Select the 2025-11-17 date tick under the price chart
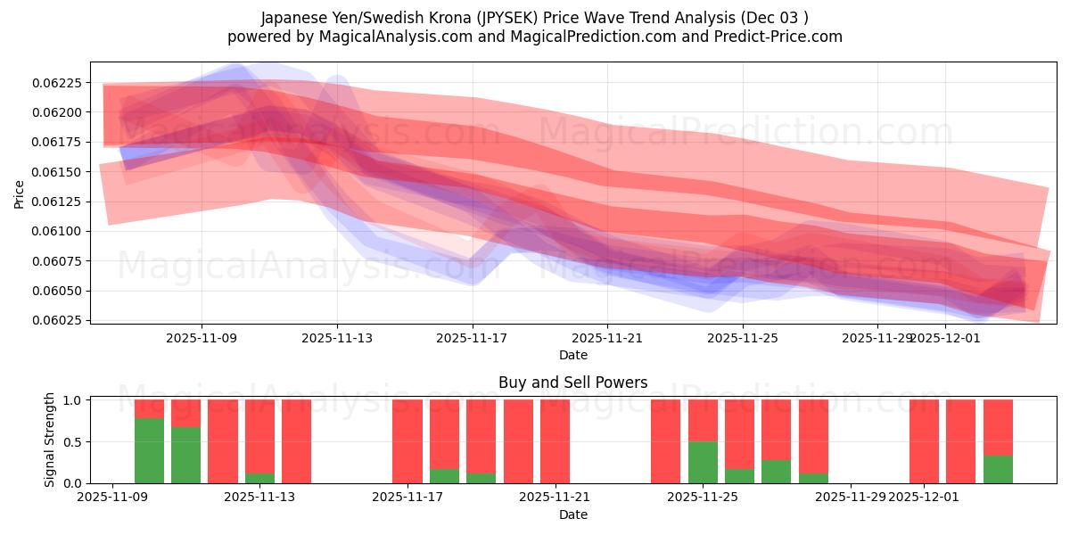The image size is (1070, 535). point(472,338)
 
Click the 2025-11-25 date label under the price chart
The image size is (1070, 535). point(743,338)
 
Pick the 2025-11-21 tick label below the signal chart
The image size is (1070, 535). point(555,498)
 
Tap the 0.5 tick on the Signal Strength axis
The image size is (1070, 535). point(74,442)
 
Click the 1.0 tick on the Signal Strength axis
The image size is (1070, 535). point(74,400)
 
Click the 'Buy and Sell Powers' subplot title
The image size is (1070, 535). point(572,383)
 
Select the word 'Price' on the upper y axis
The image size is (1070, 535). point(20,193)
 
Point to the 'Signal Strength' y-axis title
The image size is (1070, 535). point(50,440)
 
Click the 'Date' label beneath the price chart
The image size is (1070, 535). point(572,355)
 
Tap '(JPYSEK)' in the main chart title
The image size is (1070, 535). point(507,18)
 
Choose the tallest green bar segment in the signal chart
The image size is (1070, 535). point(149,451)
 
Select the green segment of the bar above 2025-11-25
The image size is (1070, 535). point(703,462)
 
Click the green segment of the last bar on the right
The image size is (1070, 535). point(998,469)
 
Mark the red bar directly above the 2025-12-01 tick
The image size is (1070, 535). point(924,441)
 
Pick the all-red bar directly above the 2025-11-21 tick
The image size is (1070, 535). point(555,441)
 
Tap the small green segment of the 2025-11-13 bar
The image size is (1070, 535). point(259,478)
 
